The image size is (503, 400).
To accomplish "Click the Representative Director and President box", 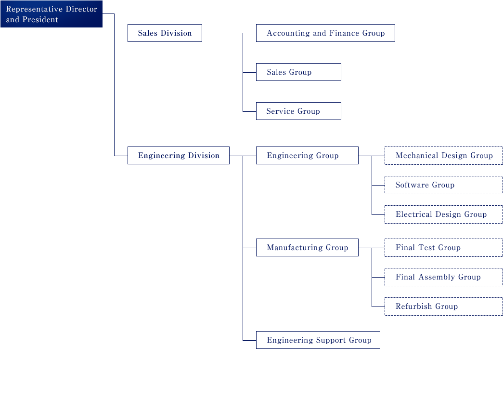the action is (x=52, y=14).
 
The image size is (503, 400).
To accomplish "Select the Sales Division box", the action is (x=165, y=33).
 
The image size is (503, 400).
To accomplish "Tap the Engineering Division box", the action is (x=179, y=156).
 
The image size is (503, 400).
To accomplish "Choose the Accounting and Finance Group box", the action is (x=325, y=33).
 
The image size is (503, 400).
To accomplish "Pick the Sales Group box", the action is (x=298, y=72).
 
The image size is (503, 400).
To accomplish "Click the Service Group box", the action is (x=298, y=111).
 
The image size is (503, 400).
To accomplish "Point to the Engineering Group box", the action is (x=307, y=156).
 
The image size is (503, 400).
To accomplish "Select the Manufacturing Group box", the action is (x=307, y=247).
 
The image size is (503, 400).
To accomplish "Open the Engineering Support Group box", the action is (x=318, y=340).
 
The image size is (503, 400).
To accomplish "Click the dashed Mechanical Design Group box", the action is (x=444, y=156).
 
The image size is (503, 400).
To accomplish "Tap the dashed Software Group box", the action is (x=444, y=185).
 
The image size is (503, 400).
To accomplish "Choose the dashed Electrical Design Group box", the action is (x=444, y=214).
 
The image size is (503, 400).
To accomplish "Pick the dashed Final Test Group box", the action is (x=444, y=248).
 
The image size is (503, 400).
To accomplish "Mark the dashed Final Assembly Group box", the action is (x=444, y=277).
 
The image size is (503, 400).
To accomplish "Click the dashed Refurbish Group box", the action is (x=444, y=307).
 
